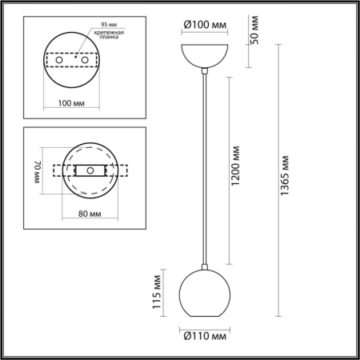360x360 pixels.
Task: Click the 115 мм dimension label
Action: [158, 293]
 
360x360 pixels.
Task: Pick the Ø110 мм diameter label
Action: [206, 337]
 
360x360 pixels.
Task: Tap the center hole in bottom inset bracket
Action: [90, 170]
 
